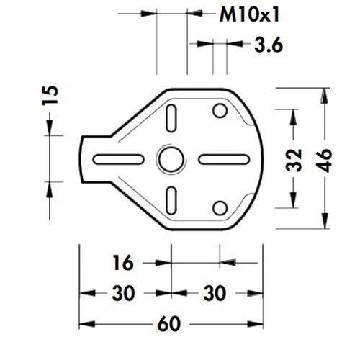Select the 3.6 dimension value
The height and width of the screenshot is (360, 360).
coord(267,45)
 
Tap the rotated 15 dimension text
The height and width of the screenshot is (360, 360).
coord(50,96)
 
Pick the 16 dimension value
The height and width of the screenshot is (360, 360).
coord(123,264)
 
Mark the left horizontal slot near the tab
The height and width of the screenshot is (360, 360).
coord(121,158)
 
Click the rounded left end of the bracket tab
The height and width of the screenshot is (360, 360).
coord(81,158)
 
